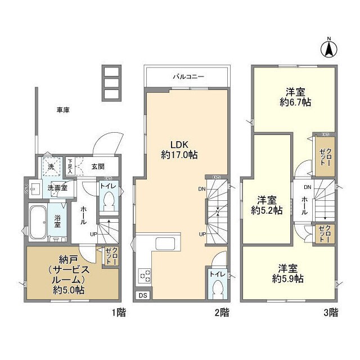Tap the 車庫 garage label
pos(62,110)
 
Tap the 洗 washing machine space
pos(51,166)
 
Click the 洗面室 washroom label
pos(57,187)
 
